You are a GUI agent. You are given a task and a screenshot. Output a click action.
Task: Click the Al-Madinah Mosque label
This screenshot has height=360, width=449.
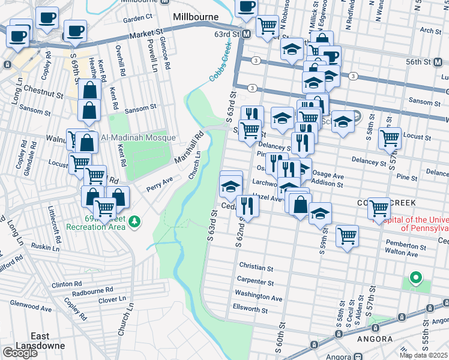139,137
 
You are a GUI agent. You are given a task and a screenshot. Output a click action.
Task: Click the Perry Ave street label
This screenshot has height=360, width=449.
160,183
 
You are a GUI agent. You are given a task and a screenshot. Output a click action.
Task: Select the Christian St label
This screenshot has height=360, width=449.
256,265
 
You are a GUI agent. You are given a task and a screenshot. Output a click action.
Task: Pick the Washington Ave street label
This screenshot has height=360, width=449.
258,296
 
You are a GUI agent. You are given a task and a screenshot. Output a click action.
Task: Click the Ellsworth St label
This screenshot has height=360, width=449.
250,310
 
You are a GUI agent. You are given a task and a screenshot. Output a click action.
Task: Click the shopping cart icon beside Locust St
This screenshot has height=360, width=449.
390,138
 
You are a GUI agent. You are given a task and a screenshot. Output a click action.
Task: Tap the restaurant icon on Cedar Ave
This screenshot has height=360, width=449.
247,206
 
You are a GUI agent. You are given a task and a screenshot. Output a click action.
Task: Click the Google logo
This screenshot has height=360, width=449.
20,352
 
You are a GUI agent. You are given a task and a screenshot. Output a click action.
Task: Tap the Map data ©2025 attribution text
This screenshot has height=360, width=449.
424,355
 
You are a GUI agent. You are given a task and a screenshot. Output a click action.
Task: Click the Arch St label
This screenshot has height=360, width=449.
431,29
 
